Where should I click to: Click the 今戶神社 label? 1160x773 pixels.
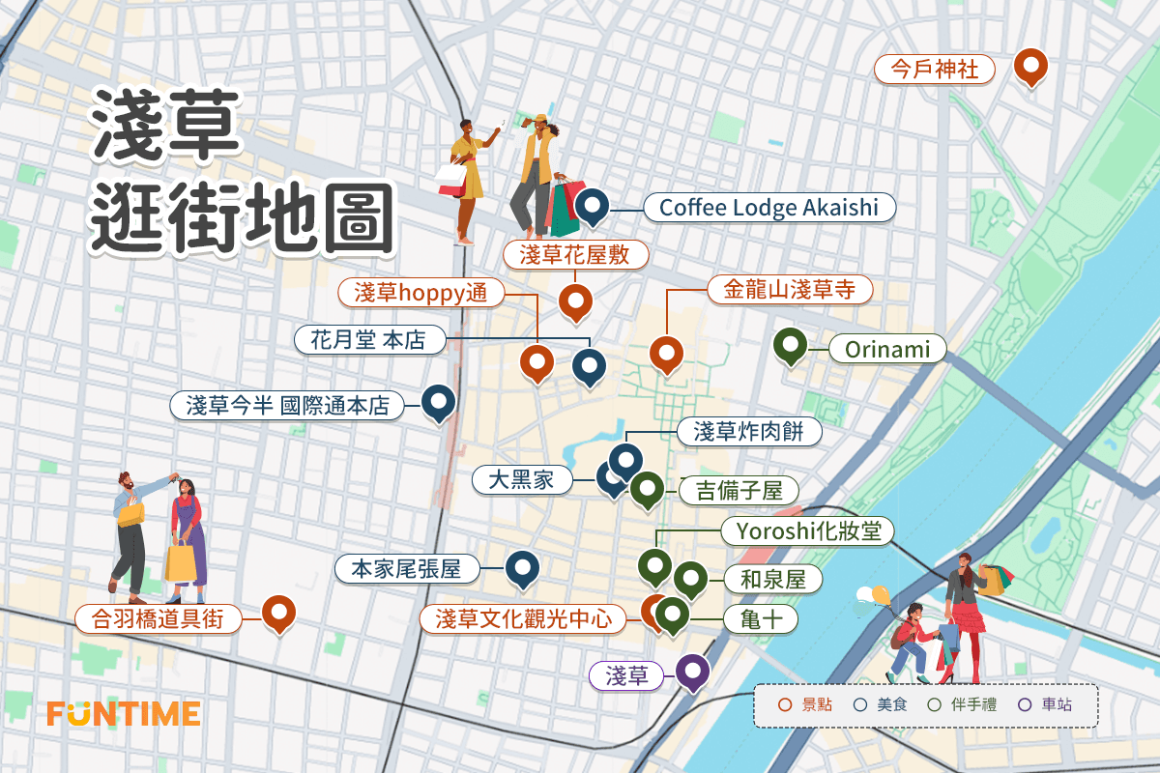(x=934, y=70)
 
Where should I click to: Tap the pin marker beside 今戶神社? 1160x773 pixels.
(x=1031, y=67)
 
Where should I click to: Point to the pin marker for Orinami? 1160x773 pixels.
(x=792, y=346)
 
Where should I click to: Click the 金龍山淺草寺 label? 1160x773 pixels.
(x=790, y=289)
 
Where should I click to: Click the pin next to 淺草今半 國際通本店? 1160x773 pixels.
(x=439, y=403)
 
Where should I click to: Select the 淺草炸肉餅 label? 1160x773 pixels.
(x=748, y=432)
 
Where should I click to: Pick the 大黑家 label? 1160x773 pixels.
(x=521, y=479)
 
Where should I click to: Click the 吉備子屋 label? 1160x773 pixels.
(x=739, y=491)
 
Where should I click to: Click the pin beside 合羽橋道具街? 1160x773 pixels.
(x=278, y=612)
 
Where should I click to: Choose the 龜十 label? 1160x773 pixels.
(x=761, y=619)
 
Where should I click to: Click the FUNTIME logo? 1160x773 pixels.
(x=124, y=714)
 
